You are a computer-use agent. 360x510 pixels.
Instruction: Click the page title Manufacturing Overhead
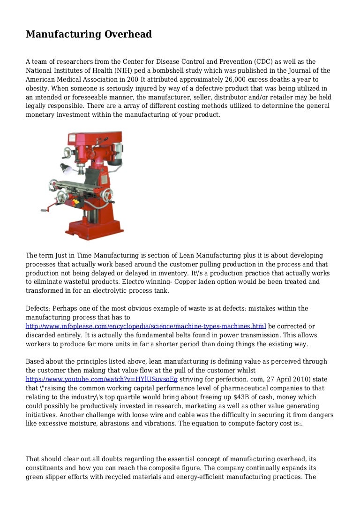(x=89, y=34)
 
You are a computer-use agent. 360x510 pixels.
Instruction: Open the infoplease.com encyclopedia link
(x=146, y=326)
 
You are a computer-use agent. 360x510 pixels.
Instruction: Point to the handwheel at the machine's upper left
(x=66, y=153)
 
